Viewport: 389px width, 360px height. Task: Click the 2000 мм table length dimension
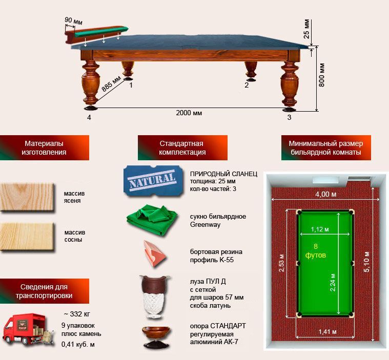pyautogui.click(x=189, y=113)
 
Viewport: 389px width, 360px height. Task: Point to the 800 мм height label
pyautogui.click(x=321, y=75)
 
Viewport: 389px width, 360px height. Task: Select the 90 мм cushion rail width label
pyautogui.click(x=73, y=21)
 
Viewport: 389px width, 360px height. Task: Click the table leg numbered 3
pyautogui.click(x=289, y=86)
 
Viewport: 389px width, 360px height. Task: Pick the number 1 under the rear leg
pyautogui.click(x=131, y=86)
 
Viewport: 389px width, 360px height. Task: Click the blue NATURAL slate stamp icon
pyautogui.click(x=153, y=180)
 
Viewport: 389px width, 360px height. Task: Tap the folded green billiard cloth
pyautogui.click(x=152, y=219)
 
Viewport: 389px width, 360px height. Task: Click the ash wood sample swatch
pyautogui.click(x=27, y=197)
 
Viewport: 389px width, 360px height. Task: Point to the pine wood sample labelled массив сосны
pyautogui.click(x=27, y=237)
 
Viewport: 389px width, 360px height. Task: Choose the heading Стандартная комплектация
pyautogui.click(x=182, y=148)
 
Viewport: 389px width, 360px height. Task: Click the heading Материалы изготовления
pyautogui.click(x=45, y=148)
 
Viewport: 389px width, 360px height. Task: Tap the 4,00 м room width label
pyautogui.click(x=325, y=195)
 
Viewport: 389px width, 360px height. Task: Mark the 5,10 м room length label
pyautogui.click(x=366, y=262)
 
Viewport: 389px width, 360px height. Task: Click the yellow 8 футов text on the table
pyautogui.click(x=315, y=250)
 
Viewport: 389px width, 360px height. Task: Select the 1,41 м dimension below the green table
pyautogui.click(x=327, y=332)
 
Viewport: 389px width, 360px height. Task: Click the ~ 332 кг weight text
pyautogui.click(x=77, y=314)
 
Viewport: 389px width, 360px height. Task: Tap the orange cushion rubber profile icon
pyautogui.click(x=154, y=253)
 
